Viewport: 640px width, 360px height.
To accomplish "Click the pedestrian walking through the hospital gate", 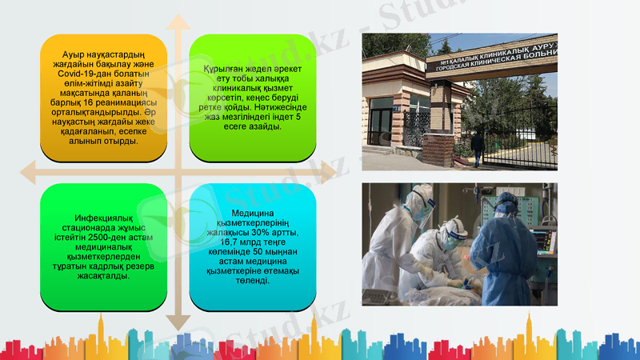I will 477,147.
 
